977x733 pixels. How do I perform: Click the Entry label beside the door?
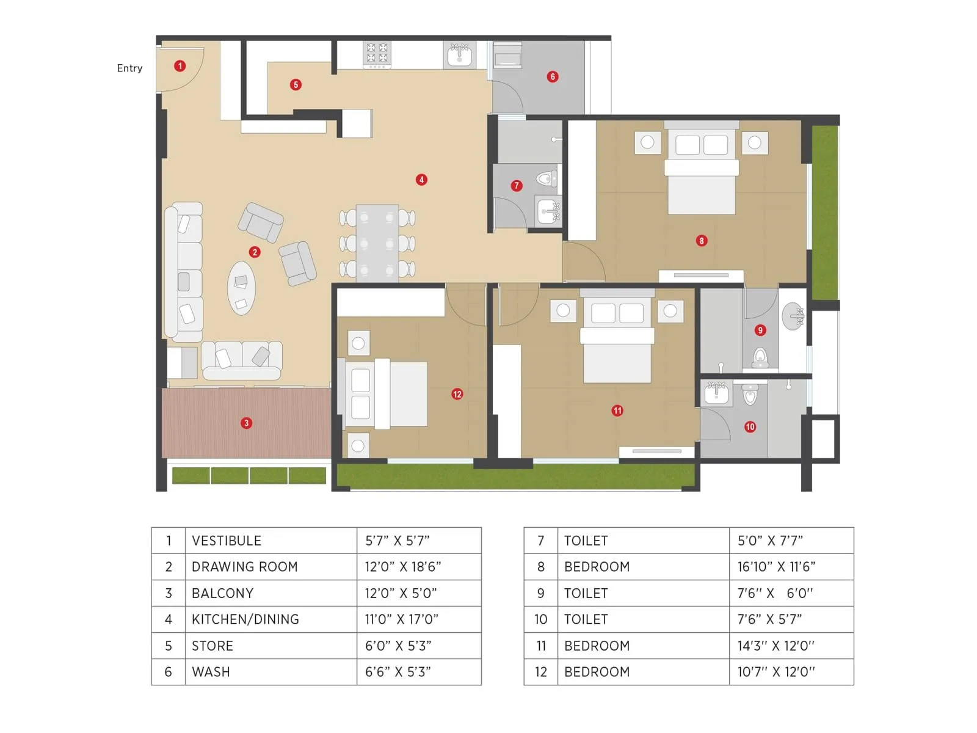(129, 68)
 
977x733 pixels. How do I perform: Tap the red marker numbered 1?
(180, 66)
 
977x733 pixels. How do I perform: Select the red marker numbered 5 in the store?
(296, 85)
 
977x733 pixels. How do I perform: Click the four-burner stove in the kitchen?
(377, 54)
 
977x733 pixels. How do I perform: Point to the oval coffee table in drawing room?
(241, 288)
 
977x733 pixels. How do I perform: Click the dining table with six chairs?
(377, 243)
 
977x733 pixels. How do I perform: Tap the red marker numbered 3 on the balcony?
(246, 423)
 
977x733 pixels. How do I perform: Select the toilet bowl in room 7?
(545, 179)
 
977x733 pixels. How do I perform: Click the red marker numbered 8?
(701, 241)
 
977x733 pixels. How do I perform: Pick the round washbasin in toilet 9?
(793, 316)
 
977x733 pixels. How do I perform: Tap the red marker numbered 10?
(750, 427)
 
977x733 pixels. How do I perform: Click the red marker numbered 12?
(457, 394)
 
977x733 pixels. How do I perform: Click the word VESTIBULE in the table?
(227, 541)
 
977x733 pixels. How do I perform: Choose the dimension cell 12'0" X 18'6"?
(403, 567)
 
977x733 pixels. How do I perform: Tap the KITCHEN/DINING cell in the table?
(245, 619)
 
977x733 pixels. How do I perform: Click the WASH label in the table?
(211, 672)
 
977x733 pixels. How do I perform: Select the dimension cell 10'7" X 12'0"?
(776, 672)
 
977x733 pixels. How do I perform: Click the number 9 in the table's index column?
(540, 593)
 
